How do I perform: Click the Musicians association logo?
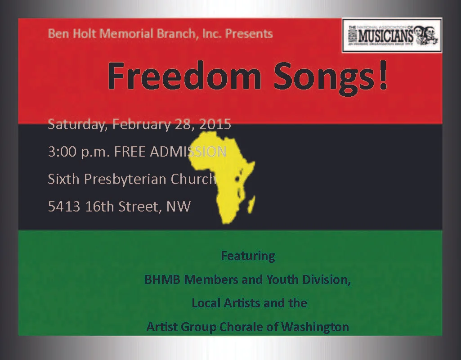[392, 36]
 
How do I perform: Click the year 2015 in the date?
[213, 124]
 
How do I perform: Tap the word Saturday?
[77, 124]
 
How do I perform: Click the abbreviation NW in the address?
[179, 207]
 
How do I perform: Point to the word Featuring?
[248, 256]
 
